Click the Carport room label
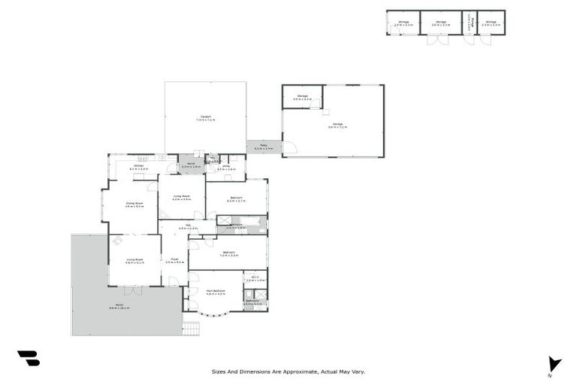[205, 118]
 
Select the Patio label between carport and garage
[264, 147]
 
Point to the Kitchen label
[139, 167]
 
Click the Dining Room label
[134, 204]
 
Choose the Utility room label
[226, 168]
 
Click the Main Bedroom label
[216, 292]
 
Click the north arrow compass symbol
[554, 364]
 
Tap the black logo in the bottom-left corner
[29, 359]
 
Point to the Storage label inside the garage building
[302, 97]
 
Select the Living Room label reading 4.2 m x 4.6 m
[181, 198]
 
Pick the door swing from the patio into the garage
[289, 147]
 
